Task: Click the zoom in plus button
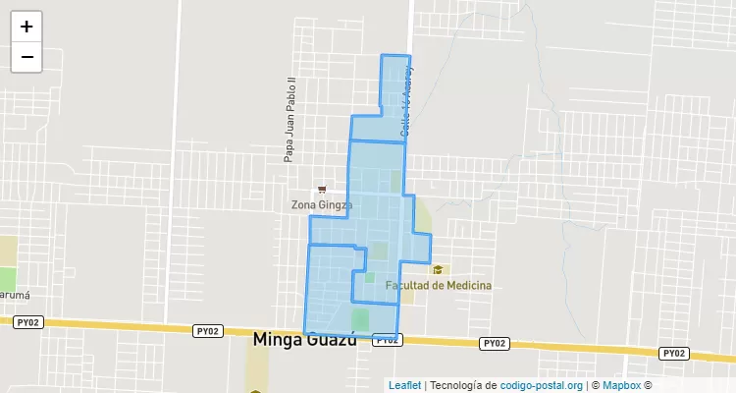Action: [26, 27]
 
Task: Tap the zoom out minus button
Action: [26, 57]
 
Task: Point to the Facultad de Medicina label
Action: [438, 285]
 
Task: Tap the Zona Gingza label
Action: [321, 204]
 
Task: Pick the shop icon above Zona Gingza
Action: [321, 189]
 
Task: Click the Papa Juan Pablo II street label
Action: [289, 119]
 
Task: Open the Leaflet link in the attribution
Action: [405, 385]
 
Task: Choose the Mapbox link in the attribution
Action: [620, 385]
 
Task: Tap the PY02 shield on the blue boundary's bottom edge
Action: [386, 340]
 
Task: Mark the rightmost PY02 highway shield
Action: [672, 353]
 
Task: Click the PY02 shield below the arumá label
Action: [28, 321]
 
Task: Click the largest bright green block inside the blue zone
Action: [360, 319]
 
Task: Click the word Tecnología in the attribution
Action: [458, 385]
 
